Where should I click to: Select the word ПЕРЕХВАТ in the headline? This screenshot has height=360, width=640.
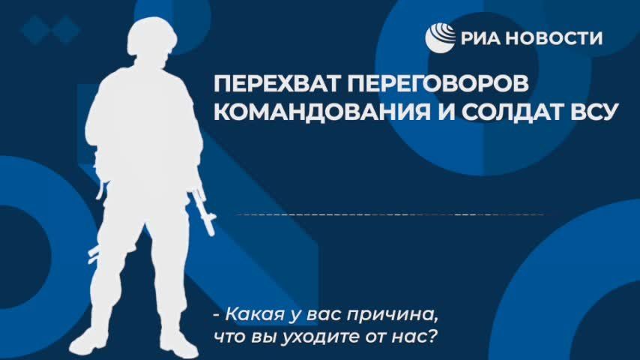point(271,82)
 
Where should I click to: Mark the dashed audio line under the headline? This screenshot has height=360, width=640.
point(390,215)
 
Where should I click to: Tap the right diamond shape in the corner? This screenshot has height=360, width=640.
point(67,30)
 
